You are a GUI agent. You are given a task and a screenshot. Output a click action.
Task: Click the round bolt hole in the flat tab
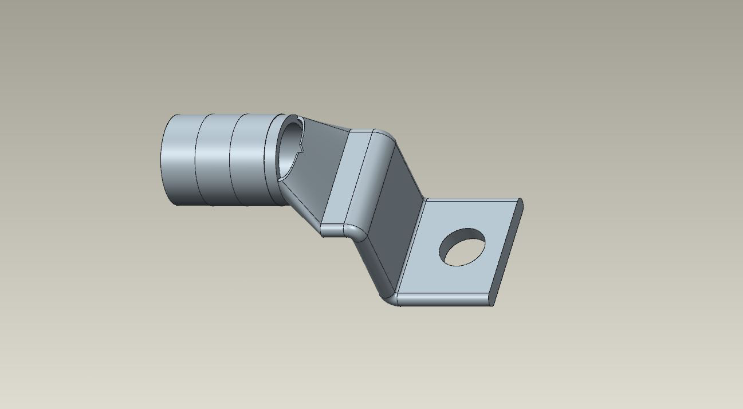coord(462,248)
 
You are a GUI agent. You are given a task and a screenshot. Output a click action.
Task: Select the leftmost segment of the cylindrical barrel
coord(179,160)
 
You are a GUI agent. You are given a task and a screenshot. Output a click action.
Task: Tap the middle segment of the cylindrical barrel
coord(213,160)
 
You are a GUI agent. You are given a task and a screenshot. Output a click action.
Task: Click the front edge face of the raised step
coord(332,230)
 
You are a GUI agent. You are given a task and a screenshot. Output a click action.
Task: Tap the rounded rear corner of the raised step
coord(383,135)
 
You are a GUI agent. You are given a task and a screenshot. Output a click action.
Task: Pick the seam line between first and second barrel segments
coord(196,160)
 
